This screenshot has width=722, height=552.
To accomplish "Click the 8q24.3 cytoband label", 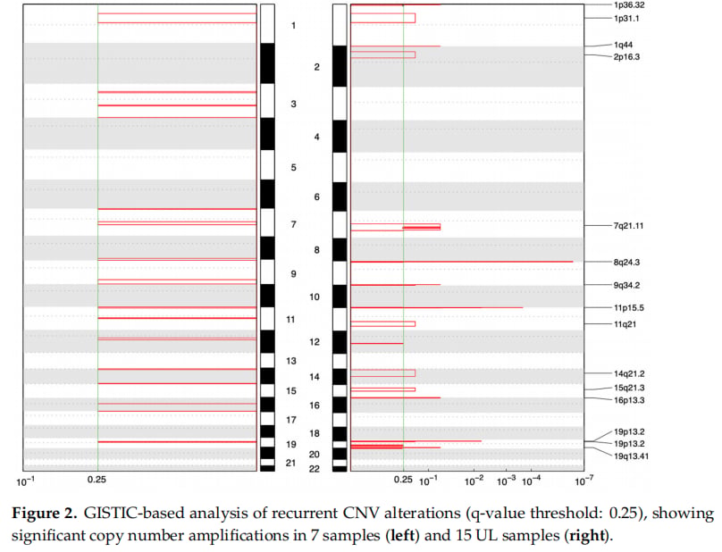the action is [x=626, y=263].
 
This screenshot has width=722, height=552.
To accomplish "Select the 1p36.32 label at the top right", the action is [x=629, y=5].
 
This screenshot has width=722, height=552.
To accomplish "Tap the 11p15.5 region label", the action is [x=628, y=307].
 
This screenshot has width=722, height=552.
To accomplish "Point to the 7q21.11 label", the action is [x=628, y=226].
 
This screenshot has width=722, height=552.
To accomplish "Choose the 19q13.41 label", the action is [x=631, y=456].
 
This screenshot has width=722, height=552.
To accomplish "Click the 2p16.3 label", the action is [x=626, y=57].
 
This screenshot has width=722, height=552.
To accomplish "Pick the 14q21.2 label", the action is [x=629, y=374].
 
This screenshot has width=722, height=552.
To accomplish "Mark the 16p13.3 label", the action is [x=629, y=400].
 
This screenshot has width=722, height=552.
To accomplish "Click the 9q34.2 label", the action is [x=626, y=285].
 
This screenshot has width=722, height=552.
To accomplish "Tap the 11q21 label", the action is [x=625, y=324].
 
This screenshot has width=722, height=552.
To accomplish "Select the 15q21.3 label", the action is [x=629, y=388].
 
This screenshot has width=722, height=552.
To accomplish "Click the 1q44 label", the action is [x=623, y=45].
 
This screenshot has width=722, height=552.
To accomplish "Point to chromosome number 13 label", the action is [x=291, y=361].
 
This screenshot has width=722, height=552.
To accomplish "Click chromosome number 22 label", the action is [x=314, y=469].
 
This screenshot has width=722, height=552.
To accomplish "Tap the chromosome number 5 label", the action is [x=293, y=168].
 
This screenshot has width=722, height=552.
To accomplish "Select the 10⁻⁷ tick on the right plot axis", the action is [x=583, y=481].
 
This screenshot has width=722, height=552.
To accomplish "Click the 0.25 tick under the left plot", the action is [x=97, y=480].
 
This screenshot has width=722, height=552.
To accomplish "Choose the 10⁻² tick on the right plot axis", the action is [x=474, y=481].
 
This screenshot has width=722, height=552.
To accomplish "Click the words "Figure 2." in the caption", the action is [x=44, y=514].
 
